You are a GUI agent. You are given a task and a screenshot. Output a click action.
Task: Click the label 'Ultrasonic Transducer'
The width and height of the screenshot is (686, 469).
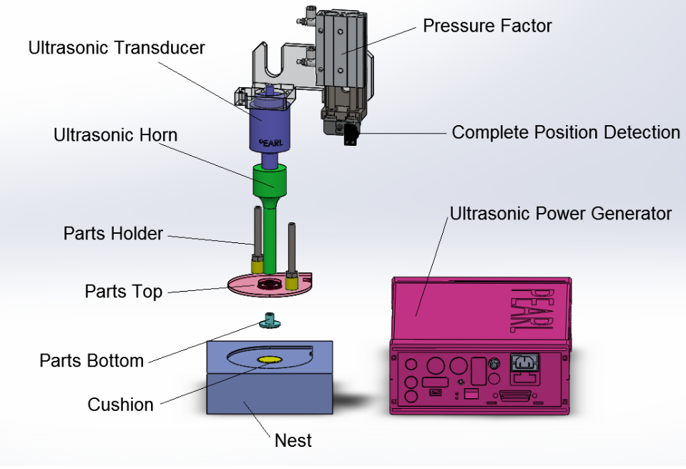pos(117,48)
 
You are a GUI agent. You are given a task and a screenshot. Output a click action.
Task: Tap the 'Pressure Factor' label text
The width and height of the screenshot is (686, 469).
pos(487,26)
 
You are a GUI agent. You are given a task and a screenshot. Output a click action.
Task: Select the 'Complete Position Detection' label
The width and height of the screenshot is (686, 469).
pos(566,132)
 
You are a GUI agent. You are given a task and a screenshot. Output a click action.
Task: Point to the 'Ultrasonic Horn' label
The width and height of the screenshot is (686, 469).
pos(116,134)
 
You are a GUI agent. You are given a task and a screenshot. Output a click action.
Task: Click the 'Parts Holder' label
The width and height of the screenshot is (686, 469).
pos(113,234)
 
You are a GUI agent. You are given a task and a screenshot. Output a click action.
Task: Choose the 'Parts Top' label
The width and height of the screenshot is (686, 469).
pos(123,292)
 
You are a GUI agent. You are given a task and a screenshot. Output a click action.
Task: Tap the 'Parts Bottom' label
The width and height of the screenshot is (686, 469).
pos(92,360)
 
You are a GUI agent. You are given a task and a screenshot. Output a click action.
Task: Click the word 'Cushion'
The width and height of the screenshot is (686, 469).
pos(120,405)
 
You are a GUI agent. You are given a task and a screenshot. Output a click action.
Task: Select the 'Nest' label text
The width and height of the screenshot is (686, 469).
pos(293,440)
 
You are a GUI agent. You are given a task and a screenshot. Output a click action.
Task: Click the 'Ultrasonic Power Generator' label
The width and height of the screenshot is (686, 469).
pos(561,213)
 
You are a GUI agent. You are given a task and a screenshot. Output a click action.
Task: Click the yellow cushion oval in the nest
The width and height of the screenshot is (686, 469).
pos(270,357)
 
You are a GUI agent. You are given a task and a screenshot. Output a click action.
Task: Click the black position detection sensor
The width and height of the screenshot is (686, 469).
pos(351,134)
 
